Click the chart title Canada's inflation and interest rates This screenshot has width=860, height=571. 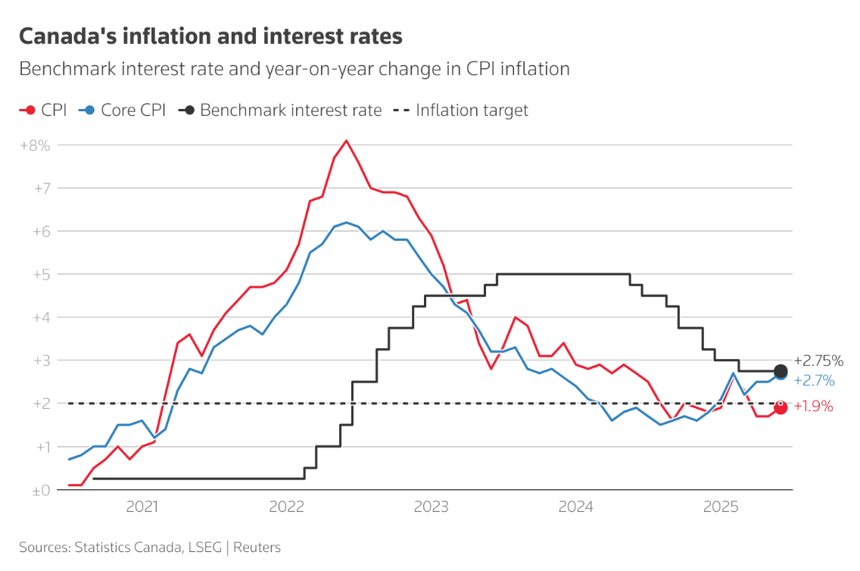210,36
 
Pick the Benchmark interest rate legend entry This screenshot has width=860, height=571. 281,111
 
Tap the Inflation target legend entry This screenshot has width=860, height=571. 461,111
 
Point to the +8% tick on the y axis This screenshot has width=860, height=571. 35,145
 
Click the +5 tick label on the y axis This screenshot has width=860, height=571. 40,274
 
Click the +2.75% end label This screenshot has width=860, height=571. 818,360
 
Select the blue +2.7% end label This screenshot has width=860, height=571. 814,380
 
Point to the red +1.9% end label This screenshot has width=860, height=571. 813,407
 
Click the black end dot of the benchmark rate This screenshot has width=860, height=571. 781,371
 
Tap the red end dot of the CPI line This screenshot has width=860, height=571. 781,407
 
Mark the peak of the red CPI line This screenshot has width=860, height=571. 346,140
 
